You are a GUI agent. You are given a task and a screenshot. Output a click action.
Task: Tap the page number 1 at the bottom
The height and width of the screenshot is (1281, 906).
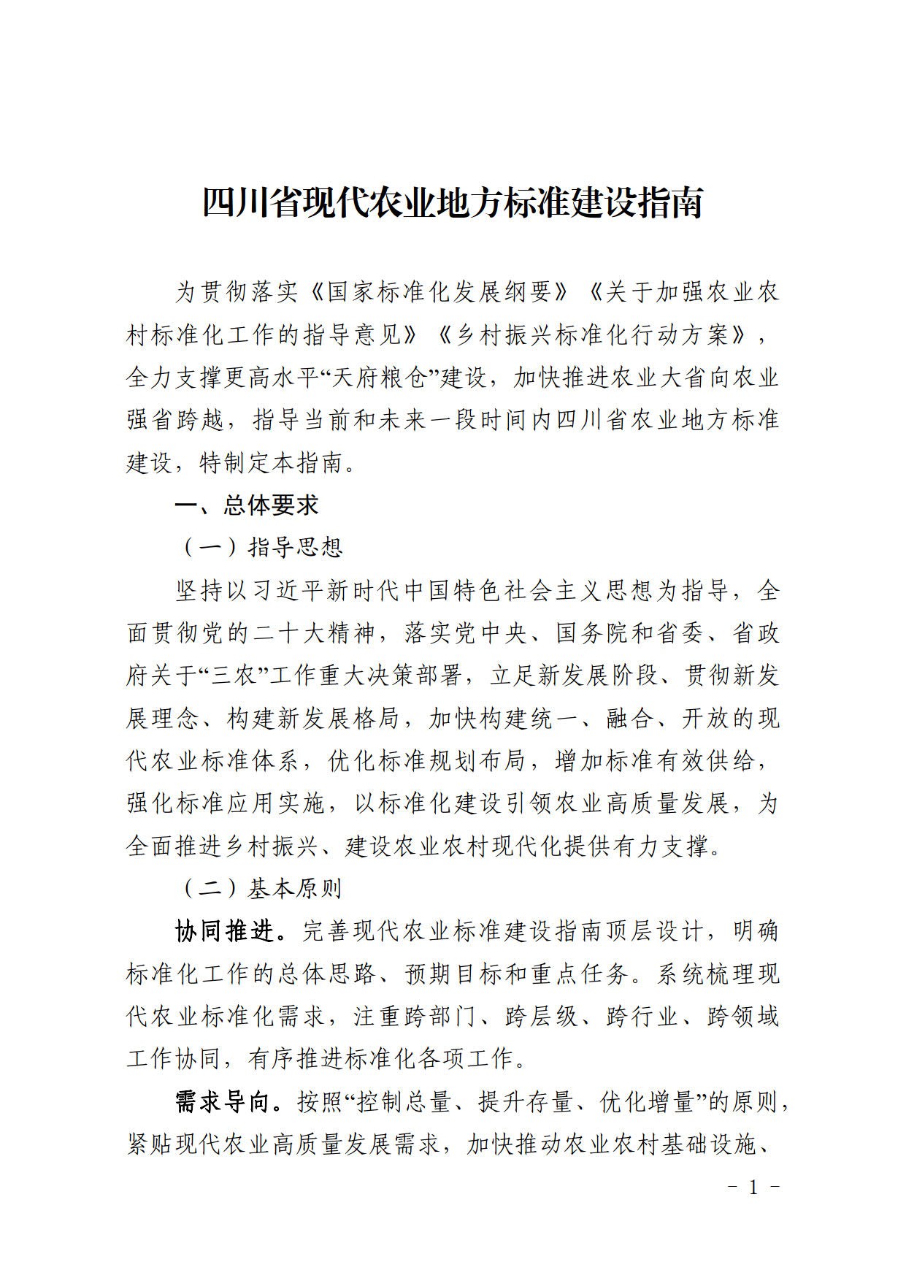754,1187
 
